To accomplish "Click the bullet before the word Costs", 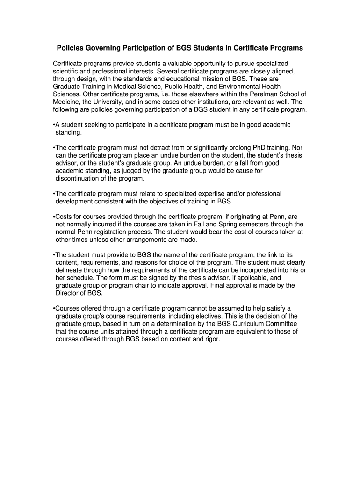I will (x=54, y=217).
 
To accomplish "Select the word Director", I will (x=68, y=293).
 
